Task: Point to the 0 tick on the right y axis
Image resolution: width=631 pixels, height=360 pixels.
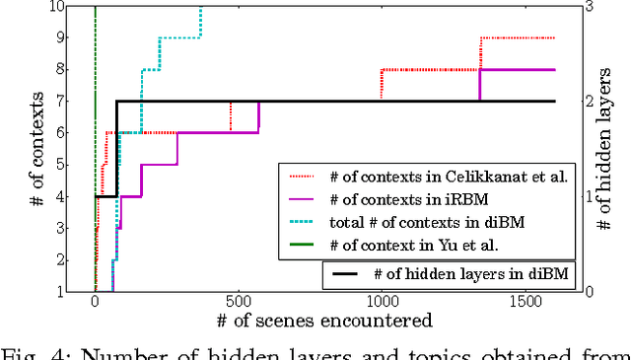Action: click(x=589, y=292)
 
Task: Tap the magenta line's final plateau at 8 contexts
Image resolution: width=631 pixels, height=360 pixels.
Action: click(x=519, y=70)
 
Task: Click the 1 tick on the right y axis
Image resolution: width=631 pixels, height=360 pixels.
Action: click(x=589, y=196)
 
